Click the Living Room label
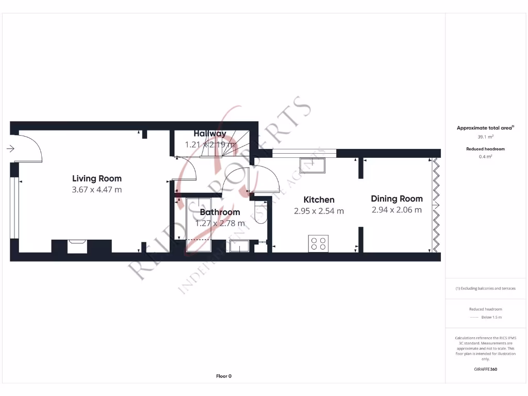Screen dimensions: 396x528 click(97, 179)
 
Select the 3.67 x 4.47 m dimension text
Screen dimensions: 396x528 click(97, 190)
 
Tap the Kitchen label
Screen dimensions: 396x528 click(319, 200)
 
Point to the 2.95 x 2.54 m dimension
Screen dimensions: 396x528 click(319, 211)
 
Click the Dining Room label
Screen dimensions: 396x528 click(397, 199)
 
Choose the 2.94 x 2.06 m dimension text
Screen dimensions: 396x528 click(397, 210)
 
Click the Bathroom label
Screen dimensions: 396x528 click(220, 212)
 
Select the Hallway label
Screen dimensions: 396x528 click(210, 134)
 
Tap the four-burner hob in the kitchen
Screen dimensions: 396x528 click(319, 243)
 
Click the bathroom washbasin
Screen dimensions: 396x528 click(239, 246)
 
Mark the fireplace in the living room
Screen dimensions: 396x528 click(77, 246)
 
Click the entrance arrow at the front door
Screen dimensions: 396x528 click(10, 149)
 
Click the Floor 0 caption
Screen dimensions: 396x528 click(223, 376)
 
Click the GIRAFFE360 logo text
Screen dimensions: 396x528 click(485, 369)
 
